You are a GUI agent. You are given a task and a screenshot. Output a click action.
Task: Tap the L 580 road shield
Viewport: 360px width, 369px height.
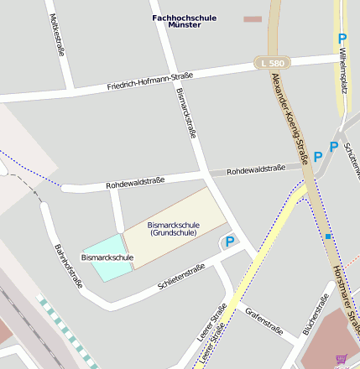tap(272, 63)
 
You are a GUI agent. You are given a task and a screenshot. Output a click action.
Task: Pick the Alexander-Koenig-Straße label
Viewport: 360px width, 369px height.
tap(290, 117)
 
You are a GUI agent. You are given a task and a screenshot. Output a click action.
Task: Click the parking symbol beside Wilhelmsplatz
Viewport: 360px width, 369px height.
tap(342, 39)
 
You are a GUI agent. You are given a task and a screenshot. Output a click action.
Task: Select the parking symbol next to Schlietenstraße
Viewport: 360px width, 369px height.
tap(228, 242)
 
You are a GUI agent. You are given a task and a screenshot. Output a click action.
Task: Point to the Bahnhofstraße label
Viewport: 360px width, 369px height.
tap(67, 265)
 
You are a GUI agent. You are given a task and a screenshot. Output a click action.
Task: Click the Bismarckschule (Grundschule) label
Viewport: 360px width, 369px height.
tap(174, 229)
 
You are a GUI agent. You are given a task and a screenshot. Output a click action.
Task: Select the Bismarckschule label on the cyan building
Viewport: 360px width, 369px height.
tap(107, 257)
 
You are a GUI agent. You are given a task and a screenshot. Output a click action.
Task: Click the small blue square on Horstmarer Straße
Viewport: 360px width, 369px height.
tap(328, 237)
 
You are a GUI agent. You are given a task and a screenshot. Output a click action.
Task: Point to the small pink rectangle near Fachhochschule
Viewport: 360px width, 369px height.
tap(253, 18)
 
